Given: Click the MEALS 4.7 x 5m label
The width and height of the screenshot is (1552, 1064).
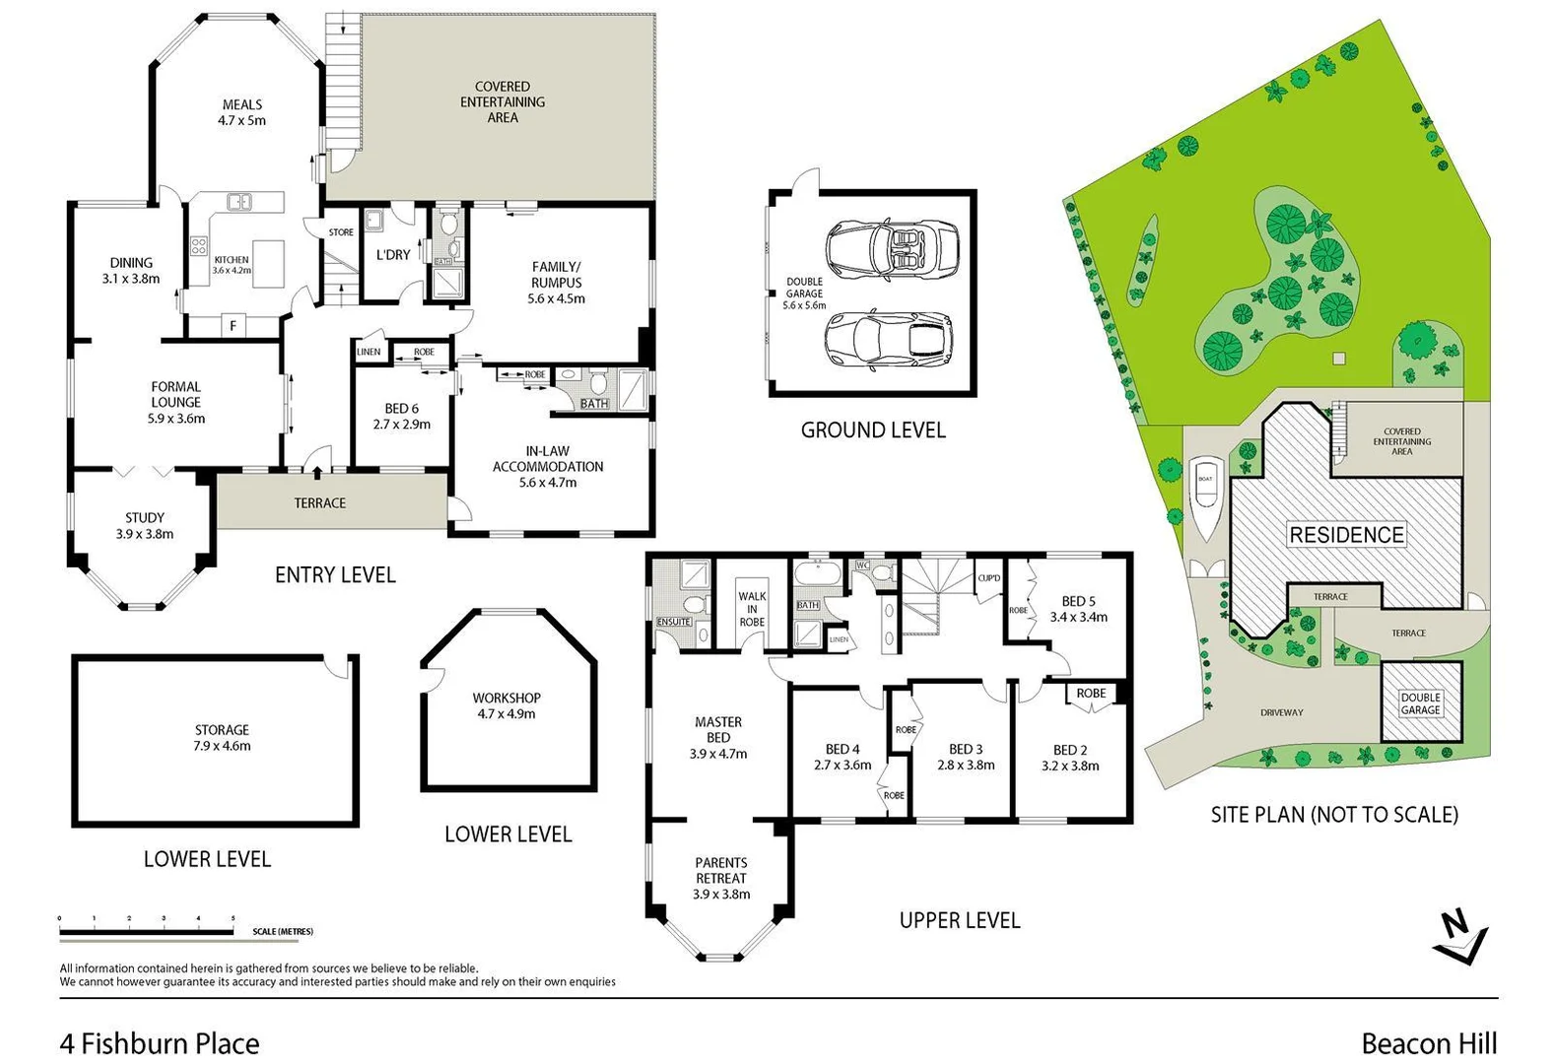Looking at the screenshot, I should point(242,112).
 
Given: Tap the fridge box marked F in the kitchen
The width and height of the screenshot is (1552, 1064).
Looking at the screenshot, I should point(234,325).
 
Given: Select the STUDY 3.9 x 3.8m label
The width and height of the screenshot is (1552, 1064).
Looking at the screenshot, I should point(145,525).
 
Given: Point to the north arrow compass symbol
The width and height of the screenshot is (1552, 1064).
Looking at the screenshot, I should point(1459,938).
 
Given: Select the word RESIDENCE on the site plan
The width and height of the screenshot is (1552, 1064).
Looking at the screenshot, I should point(1346,535).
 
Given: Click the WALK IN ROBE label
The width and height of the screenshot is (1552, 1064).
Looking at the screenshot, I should point(752,609).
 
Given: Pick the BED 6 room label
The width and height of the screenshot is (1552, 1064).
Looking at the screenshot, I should point(401,416).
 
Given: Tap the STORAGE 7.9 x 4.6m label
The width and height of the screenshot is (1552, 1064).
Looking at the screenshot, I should point(222,738).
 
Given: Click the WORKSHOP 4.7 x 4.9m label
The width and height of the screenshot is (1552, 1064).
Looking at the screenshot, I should point(506,705).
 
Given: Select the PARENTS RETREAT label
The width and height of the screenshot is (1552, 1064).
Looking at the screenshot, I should point(721,878).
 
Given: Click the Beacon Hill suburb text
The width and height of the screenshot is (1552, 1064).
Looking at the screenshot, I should point(1429,1043).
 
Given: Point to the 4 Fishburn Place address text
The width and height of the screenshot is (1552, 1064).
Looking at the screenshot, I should point(160,1043).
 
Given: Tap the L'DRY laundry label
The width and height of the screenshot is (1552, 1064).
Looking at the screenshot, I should point(393,254).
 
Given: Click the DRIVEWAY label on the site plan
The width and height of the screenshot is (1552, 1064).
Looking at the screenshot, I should point(1281,712).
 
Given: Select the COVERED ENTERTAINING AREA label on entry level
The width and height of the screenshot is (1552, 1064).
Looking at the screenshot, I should point(503,101).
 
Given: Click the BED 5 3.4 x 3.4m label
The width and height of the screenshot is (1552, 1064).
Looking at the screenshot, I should point(1078,609).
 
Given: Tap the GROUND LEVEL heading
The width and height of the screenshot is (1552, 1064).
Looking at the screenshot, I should point(873,430).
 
